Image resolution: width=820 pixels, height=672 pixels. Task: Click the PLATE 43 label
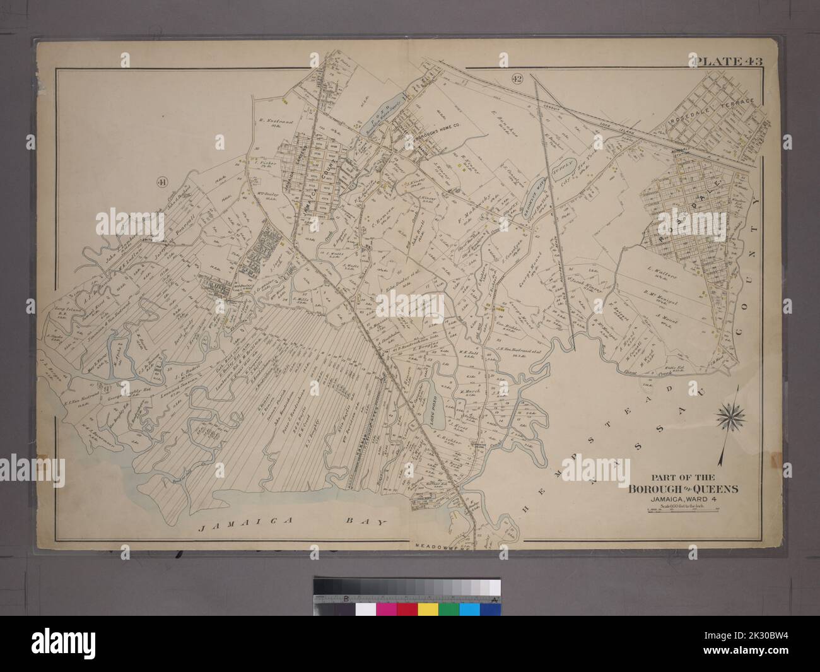[729, 61]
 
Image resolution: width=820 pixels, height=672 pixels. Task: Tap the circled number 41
[163, 182]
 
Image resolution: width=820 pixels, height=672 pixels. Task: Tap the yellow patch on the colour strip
[429, 610]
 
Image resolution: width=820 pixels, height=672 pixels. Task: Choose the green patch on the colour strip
[449, 610]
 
